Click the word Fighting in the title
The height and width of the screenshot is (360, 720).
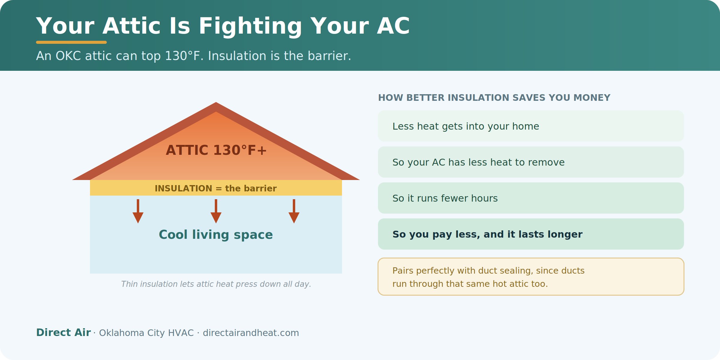(250, 27)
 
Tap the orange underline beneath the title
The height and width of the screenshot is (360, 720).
(71, 42)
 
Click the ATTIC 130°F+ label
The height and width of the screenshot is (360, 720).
(216, 150)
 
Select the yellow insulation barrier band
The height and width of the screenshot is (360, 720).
(216, 188)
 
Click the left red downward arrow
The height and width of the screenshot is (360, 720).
(138, 211)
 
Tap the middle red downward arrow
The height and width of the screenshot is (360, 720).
(216, 211)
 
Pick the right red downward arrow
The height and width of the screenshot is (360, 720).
(294, 211)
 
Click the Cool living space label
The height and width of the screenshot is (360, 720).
(216, 235)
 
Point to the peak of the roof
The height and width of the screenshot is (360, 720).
(216, 103)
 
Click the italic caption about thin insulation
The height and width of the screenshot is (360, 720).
(216, 284)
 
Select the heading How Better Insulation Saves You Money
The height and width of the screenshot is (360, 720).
(494, 98)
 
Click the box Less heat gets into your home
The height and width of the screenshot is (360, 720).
(531, 126)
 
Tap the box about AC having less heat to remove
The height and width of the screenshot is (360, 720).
(531, 162)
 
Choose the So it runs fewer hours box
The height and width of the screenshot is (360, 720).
(531, 198)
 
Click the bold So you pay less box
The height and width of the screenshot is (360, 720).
(531, 234)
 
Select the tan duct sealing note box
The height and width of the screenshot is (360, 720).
(531, 277)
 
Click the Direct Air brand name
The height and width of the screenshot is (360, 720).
(63, 332)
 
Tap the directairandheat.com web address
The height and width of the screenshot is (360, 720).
(251, 333)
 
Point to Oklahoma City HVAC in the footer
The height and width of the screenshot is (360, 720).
(146, 333)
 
